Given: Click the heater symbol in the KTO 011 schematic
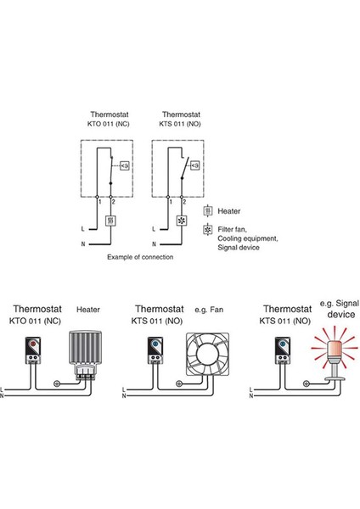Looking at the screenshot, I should point(111,220).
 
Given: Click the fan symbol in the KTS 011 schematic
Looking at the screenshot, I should point(180,220).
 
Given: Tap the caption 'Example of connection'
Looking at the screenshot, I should point(141,256).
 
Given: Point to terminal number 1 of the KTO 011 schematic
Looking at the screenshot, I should point(99,202).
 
